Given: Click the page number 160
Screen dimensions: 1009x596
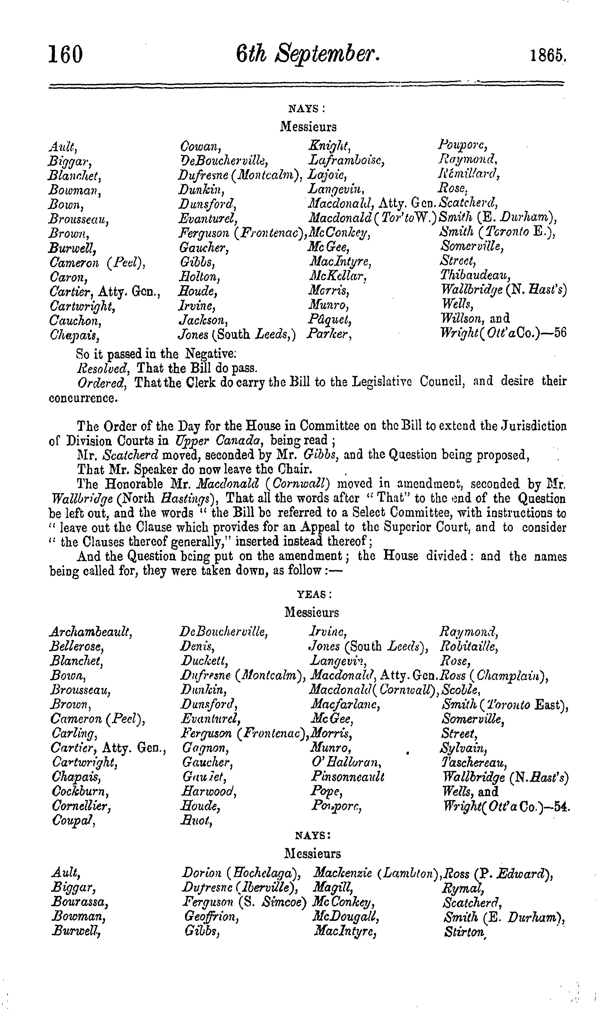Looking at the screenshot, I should pos(65,55).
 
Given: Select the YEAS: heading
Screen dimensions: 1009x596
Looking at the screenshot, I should pos(314,594).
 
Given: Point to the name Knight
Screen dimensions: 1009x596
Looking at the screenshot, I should pos(329,146).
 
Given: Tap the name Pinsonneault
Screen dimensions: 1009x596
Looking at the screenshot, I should pos(347,776).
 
